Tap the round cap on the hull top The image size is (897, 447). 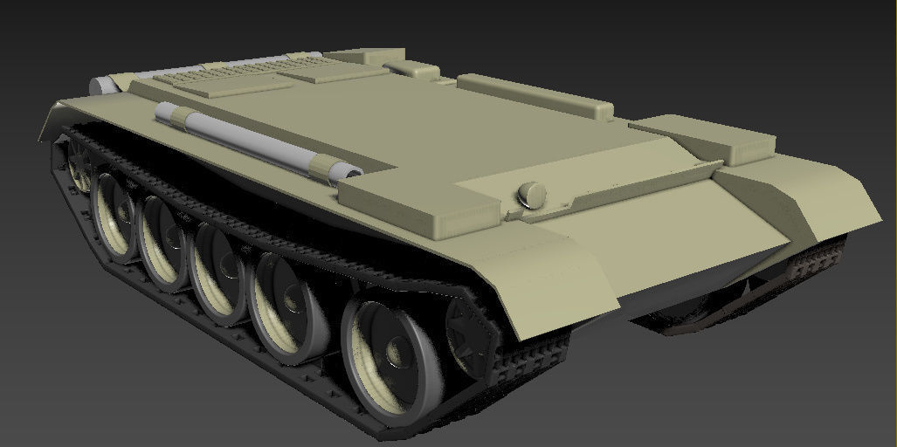point(531,195)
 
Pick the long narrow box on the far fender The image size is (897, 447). point(535,97)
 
